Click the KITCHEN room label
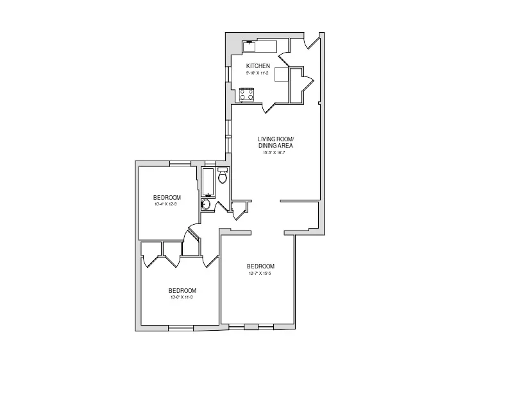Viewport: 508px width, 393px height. click(258, 66)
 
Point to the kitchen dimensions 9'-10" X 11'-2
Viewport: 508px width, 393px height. click(258, 73)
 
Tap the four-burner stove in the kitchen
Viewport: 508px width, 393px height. click(247, 94)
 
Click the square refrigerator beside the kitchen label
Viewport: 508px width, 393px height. click(282, 75)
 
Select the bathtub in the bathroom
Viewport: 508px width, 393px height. click(209, 182)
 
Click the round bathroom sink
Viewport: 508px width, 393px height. click(206, 205)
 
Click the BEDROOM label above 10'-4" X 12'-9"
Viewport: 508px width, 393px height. click(166, 197)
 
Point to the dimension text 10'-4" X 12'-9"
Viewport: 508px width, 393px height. click(166, 204)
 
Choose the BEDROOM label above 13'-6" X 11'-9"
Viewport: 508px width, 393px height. click(182, 290)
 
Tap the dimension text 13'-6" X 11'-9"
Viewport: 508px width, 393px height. click(182, 297)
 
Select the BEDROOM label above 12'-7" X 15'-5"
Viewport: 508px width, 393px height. click(260, 266)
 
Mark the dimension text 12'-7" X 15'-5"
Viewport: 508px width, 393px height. click(260, 274)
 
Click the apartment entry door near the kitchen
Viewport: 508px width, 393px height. click(312, 42)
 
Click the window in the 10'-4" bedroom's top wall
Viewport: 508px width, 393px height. click(178, 162)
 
